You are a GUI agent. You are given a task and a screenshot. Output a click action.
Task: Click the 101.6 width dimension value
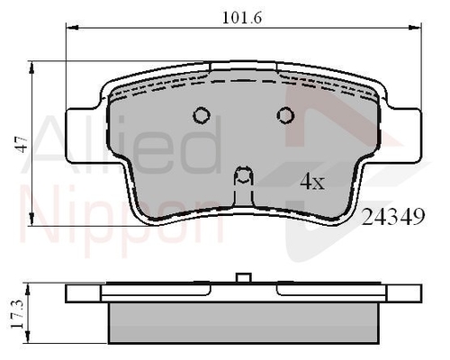[242, 18]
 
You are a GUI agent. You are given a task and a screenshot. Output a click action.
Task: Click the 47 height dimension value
[22, 144]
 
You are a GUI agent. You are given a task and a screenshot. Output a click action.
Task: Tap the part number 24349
[393, 217]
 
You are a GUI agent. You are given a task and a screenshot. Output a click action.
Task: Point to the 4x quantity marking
[312, 182]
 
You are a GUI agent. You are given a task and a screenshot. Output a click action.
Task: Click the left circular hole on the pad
[202, 115]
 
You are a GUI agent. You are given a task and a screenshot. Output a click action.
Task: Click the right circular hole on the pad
[285, 115]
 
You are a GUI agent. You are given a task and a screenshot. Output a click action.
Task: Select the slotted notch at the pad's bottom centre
[243, 186]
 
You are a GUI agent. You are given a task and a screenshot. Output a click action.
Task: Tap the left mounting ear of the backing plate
[83, 136]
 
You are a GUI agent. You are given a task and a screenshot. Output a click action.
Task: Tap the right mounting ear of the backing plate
[403, 136]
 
